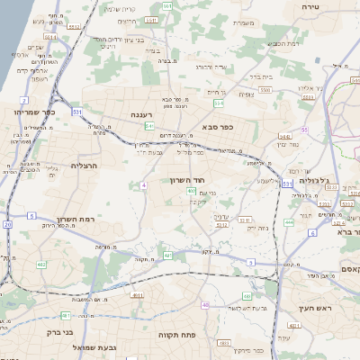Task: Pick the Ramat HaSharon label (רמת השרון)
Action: [x=75, y=220]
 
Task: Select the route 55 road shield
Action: [x=304, y=130]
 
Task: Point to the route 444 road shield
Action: [x=288, y=221]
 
